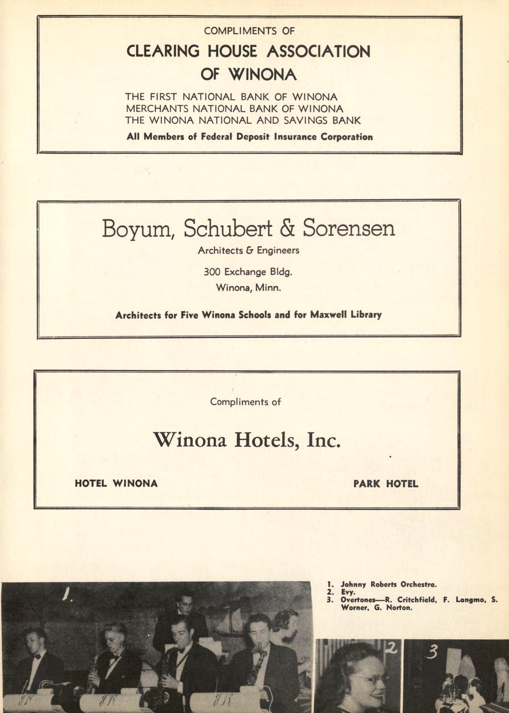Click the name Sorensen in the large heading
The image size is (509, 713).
coord(349,228)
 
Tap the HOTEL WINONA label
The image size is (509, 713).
coord(116,483)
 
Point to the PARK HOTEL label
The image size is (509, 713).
coord(386,484)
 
